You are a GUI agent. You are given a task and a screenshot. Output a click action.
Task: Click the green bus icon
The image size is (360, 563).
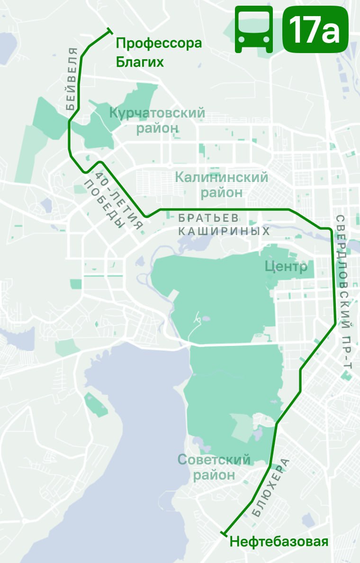click(254, 29)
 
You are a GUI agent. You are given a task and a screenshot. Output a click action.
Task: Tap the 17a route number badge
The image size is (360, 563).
click(315, 29)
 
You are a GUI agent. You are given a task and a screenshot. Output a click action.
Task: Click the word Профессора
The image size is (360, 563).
click(159, 44)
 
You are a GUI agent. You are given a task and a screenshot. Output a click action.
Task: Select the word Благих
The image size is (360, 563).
click(140, 62)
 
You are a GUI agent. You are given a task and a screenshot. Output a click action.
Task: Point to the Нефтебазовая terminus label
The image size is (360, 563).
click(279, 542)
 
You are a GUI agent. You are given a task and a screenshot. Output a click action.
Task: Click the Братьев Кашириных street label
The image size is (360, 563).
click(224, 225)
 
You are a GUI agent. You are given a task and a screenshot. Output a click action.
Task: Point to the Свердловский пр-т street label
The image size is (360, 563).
click(343, 291)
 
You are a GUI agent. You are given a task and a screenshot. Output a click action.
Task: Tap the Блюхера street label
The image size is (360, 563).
click(270, 488)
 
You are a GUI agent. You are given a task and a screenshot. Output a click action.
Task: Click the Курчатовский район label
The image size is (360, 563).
click(157, 120)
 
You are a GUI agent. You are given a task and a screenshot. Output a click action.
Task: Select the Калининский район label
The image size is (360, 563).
click(222, 185)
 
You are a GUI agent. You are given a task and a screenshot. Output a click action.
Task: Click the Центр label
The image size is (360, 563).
click(286, 267)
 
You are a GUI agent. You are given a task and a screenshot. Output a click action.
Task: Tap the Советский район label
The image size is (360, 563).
click(214, 467)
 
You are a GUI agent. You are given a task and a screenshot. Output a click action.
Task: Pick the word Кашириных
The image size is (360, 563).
click(237, 231)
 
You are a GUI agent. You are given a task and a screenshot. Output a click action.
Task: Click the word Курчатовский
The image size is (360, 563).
click(157, 113)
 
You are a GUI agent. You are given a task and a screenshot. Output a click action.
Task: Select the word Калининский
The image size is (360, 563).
click(222, 178)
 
